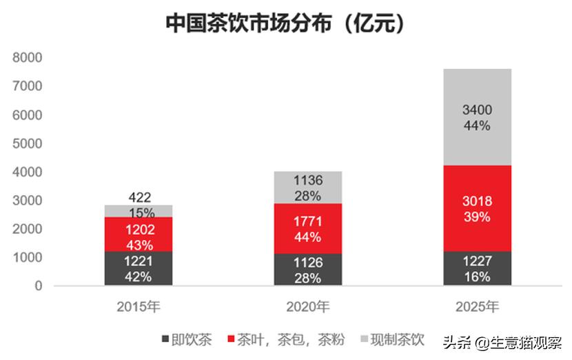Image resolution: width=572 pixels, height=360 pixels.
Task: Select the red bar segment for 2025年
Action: [x=477, y=208]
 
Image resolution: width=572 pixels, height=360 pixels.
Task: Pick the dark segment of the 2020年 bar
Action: [x=307, y=270]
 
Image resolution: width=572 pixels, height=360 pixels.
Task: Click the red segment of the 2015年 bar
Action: [x=139, y=234]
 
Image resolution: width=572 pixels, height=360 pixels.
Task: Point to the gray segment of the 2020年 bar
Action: [x=307, y=187]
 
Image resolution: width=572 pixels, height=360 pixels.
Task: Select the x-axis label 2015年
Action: [x=139, y=306]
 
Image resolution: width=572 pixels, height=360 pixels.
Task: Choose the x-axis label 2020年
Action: [x=307, y=306]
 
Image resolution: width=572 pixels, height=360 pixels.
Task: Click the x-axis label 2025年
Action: [x=477, y=306]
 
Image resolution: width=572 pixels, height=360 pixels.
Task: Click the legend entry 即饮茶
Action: [x=187, y=340]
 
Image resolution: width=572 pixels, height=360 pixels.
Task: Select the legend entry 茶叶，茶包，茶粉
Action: [x=285, y=340]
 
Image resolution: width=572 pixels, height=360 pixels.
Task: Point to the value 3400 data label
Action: [x=477, y=110]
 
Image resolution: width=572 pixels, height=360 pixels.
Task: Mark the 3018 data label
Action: [x=477, y=202]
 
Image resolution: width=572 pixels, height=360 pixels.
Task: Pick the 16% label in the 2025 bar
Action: [x=477, y=277]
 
